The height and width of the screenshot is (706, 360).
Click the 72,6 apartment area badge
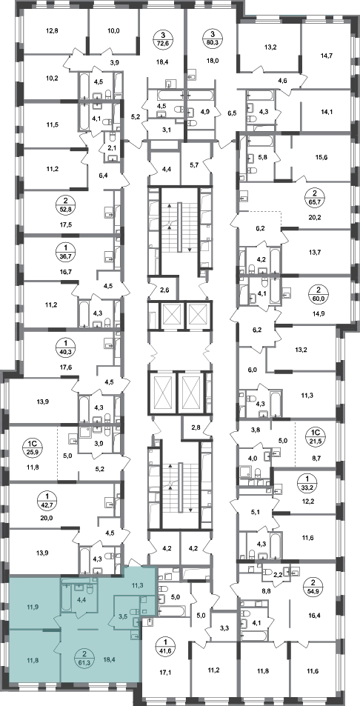[164, 39]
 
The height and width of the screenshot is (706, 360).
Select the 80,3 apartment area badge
[212, 39]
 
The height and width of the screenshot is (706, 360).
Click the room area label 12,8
[53, 31]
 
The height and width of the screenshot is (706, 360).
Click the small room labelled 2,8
[196, 427]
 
